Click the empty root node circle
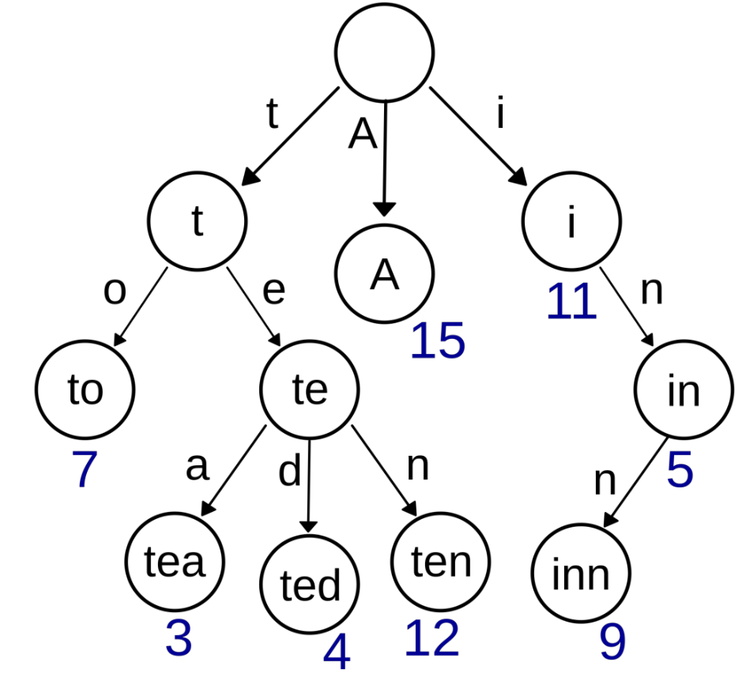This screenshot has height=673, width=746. coord(384,52)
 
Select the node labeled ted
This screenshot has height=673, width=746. coord(311,585)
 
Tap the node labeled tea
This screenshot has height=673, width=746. coord(175,561)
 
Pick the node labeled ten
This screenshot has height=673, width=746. coord(441,561)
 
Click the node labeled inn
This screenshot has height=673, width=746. coord(581,574)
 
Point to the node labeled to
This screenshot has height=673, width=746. coord(85,389)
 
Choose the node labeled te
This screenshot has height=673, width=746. coord(310,389)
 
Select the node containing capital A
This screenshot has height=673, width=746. coord(384,273)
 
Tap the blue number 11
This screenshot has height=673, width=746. coord(571,302)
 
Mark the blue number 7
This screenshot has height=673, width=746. coord(85,471)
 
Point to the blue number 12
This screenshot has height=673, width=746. coord(431,638)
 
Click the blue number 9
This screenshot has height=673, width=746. coord(612,641)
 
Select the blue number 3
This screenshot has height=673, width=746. coord(179,638)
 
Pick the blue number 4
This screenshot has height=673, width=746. coord(336,652)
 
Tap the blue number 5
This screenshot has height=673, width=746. coord(679,471)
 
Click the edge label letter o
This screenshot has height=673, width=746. coord(115,291)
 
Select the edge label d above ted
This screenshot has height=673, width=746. coord(290,472)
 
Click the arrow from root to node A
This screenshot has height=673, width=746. coord(384,158)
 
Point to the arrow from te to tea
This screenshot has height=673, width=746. coord(235,471)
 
